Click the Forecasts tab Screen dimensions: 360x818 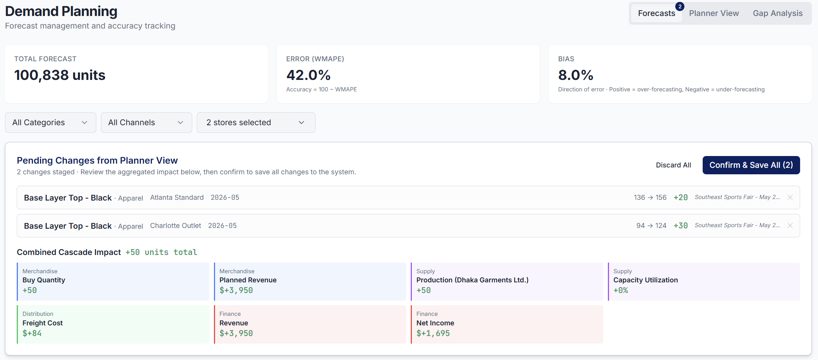656,13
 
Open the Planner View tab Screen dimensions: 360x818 714,13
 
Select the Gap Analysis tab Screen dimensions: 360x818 777,13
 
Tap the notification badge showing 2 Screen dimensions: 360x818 680,6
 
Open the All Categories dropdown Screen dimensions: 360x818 50,123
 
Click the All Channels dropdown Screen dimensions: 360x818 146,123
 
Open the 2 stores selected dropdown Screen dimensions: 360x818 256,123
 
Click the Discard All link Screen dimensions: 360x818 673,165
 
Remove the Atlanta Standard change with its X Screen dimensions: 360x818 790,198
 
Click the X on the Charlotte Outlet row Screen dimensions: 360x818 790,226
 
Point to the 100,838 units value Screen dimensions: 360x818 60,75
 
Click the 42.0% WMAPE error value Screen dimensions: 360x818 308,75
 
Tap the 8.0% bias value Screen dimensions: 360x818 576,75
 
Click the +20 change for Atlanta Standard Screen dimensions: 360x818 681,198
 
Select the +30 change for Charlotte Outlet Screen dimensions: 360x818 681,226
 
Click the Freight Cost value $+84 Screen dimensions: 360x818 32,333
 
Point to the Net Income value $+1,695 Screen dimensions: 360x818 433,333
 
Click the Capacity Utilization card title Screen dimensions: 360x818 646,280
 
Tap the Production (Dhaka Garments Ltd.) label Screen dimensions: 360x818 472,280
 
